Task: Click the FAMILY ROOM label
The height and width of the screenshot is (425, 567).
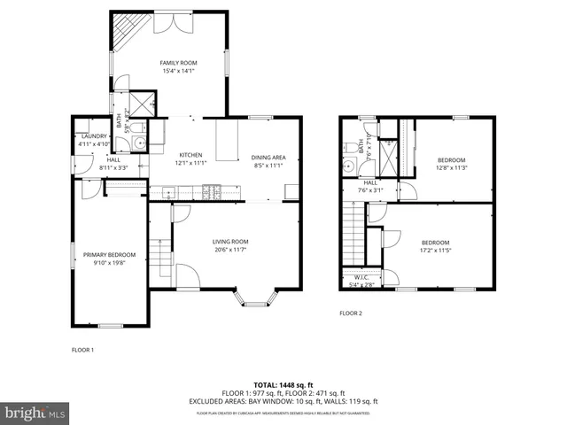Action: coord(178,63)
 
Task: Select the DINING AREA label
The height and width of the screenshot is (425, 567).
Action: coord(268,157)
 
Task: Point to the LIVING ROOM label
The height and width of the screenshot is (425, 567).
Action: coord(229,242)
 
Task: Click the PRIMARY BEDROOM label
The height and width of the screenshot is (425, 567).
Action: coord(109,255)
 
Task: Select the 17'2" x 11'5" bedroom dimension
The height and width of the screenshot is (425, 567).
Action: coord(435,251)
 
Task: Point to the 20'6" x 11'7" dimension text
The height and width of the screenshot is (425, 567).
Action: coord(229,250)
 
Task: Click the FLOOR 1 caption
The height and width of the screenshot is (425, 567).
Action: coord(82,350)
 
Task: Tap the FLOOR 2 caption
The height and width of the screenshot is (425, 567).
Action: coord(352,313)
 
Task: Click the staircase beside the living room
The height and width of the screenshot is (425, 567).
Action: coord(159,251)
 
